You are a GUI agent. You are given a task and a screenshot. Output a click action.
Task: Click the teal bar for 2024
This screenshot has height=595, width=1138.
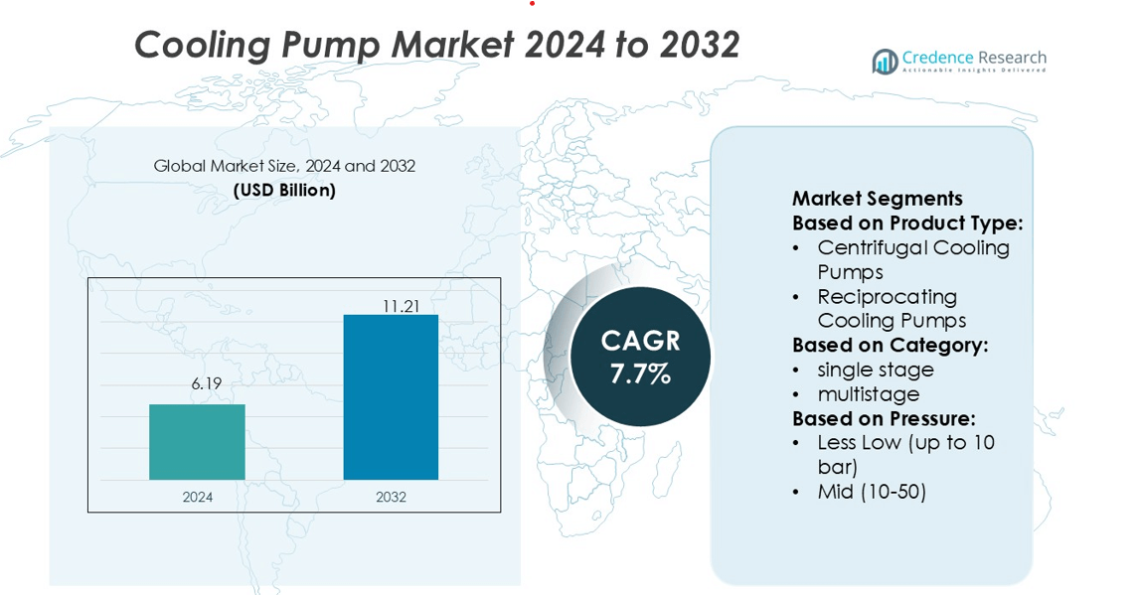pyautogui.click(x=197, y=442)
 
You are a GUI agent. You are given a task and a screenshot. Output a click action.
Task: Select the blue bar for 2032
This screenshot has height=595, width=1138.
pyautogui.click(x=391, y=397)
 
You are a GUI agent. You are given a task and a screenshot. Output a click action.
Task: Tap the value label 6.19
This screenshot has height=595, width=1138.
pyautogui.click(x=207, y=383)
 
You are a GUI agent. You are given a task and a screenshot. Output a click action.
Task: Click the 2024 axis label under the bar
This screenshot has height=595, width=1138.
pyautogui.click(x=197, y=497)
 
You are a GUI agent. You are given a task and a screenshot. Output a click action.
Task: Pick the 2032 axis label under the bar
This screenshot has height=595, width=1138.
pyautogui.click(x=391, y=497)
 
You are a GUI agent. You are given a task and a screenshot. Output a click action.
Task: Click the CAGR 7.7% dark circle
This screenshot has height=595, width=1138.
pyautogui.click(x=640, y=357)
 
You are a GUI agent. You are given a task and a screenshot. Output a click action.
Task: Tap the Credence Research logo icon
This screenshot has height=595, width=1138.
pyautogui.click(x=885, y=62)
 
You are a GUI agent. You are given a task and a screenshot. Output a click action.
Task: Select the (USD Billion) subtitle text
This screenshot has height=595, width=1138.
pyautogui.click(x=284, y=190)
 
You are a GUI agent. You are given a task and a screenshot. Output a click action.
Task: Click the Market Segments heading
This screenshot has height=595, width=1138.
pyautogui.click(x=877, y=199)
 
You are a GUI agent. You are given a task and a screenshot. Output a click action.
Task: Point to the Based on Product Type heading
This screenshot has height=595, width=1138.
pyautogui.click(x=906, y=223)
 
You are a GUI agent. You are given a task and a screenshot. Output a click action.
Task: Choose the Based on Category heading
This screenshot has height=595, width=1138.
pyautogui.click(x=890, y=345)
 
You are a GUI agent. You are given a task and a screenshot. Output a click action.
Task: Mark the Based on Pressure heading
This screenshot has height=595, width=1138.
pyautogui.click(x=884, y=418)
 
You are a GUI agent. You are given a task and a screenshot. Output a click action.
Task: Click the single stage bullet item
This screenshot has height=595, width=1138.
pyautogui.click(x=876, y=370)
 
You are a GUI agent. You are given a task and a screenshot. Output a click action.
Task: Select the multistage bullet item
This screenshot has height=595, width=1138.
pyautogui.click(x=868, y=394)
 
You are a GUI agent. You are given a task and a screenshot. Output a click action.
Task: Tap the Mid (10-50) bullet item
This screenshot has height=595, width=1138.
pyautogui.click(x=872, y=491)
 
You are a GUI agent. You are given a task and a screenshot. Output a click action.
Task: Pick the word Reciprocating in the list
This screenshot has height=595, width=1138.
pyautogui.click(x=887, y=296)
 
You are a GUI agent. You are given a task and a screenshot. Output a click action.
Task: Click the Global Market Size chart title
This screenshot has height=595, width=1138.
pyautogui.click(x=284, y=166)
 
